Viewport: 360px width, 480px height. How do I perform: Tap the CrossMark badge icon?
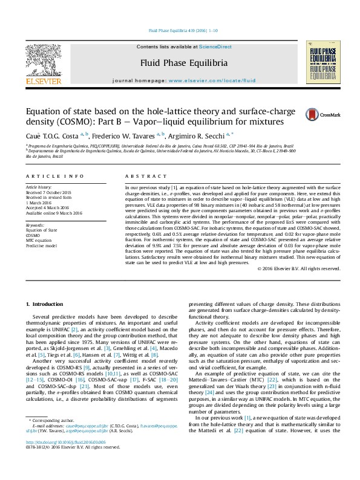(x=313, y=114)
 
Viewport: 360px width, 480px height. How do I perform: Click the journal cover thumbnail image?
(x=321, y=62)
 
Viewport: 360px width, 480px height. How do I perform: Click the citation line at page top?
(x=179, y=31)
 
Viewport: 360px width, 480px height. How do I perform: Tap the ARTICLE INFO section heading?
(x=54, y=176)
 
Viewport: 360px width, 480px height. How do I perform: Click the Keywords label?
(x=35, y=224)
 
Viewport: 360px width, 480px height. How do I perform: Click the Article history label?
(x=40, y=187)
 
